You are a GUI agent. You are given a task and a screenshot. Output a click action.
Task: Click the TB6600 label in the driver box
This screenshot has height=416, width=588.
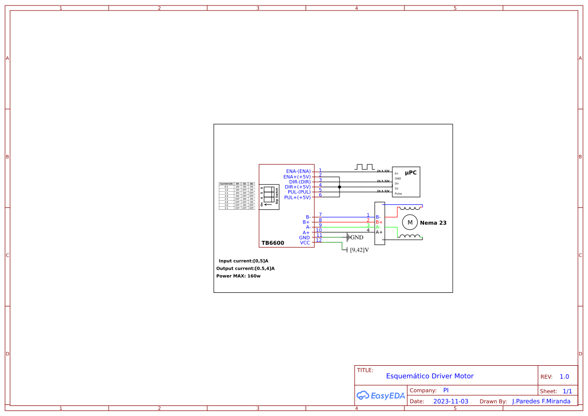pyautogui.click(x=273, y=243)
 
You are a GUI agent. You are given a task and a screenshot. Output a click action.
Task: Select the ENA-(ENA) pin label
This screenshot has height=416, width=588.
pyautogui.click(x=298, y=171)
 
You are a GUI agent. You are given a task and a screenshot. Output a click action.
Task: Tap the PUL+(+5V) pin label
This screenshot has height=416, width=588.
pyautogui.click(x=297, y=197)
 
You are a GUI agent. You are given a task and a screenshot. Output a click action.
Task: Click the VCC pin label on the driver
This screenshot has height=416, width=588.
pyautogui.click(x=305, y=242)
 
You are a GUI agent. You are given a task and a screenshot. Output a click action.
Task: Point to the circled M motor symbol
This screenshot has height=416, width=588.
pyautogui.click(x=409, y=222)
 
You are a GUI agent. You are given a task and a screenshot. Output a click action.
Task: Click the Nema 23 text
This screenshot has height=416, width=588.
pyautogui.click(x=433, y=222)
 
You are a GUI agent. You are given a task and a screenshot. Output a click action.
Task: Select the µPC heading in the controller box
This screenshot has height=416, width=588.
pyautogui.click(x=410, y=173)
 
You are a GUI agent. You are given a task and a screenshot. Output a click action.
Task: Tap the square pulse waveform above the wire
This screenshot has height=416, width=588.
pyautogui.click(x=365, y=167)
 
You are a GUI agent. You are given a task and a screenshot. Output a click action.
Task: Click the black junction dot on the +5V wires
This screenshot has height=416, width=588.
pyautogui.click(x=339, y=187)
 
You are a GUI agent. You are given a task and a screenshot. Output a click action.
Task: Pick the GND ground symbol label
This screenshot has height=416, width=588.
pyautogui.click(x=356, y=237)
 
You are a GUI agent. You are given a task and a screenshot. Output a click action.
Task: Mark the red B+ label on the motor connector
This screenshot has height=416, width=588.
pyautogui.click(x=379, y=222)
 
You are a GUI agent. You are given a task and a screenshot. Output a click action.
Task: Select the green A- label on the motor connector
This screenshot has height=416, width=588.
pyautogui.click(x=378, y=227)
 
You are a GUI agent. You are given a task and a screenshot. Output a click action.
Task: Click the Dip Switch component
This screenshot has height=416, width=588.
pyautogui.click(x=269, y=196)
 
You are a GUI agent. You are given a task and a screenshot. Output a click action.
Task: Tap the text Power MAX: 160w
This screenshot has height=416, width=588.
pyautogui.click(x=238, y=276)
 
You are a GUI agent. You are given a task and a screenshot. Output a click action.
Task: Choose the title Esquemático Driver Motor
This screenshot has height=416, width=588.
pyautogui.click(x=430, y=376)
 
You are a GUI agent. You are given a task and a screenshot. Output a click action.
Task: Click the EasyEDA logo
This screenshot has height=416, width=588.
pyautogui.click(x=380, y=395)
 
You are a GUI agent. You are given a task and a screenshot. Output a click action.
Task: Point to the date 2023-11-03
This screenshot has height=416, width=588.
pyautogui.click(x=450, y=401)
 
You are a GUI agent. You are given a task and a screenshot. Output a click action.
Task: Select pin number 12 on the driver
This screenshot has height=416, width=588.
pyautogui.click(x=319, y=240)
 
